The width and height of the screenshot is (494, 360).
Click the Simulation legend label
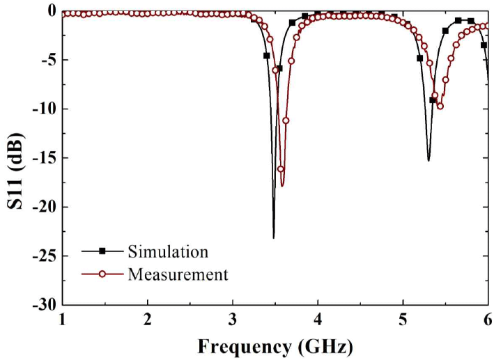[167, 251]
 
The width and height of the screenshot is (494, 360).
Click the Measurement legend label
[178, 274]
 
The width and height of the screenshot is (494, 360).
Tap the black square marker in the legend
[102, 251]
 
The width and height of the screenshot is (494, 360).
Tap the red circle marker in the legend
[102, 274]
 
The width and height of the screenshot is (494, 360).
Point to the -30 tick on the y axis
[46, 305]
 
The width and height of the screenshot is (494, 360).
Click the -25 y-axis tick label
[46, 256]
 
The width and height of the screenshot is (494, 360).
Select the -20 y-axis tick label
[46, 207]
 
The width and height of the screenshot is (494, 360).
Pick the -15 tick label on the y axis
[46, 158]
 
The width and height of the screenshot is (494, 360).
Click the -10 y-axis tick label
[46, 109]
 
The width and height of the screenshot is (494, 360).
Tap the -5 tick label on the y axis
[49, 60]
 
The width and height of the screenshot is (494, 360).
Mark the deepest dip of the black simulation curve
[273, 237]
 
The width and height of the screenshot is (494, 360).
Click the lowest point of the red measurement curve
[282, 185]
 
